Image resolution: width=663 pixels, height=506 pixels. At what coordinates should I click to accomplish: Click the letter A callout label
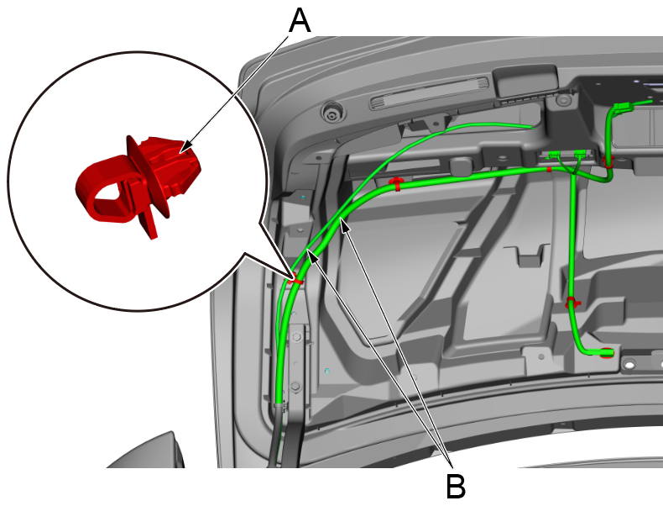point(300,21)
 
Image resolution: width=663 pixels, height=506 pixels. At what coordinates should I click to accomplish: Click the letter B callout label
point(456,486)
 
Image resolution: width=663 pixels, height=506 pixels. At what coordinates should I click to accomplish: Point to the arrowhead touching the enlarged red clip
point(185,146)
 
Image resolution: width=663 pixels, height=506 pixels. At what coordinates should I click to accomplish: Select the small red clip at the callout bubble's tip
point(297,279)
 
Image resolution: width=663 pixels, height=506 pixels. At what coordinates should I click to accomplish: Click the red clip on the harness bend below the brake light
point(397,183)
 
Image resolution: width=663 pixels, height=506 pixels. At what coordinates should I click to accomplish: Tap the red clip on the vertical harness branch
point(572,303)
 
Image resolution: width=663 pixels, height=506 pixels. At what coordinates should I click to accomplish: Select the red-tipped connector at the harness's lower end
point(606,352)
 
